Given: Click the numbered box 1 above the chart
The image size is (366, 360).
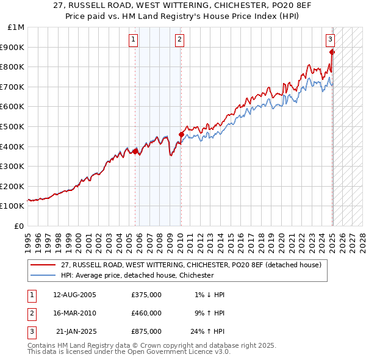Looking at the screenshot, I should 134,40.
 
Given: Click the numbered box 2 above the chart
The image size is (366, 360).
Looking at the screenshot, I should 180,40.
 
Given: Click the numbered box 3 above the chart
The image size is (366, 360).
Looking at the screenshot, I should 330,40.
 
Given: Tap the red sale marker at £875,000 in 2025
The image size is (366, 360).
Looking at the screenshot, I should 332,52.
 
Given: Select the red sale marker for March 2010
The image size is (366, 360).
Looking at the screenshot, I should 181,134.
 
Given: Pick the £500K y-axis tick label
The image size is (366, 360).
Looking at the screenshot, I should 13,126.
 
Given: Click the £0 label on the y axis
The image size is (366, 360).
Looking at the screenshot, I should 19,226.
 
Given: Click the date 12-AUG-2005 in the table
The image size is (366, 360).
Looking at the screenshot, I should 75,295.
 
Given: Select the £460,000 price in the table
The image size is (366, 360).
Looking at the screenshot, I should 146,313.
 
